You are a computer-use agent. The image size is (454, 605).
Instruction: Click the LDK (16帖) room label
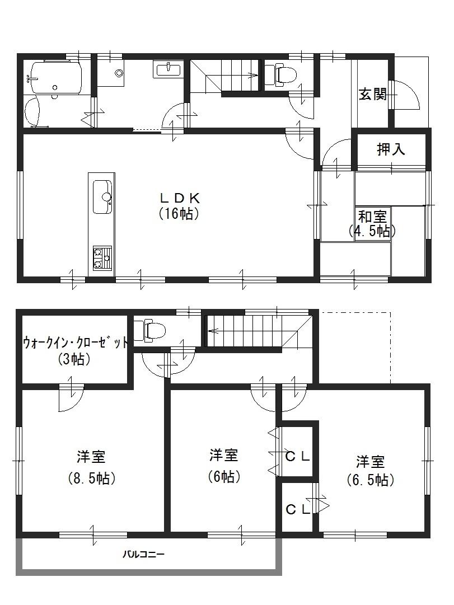click(x=179, y=205)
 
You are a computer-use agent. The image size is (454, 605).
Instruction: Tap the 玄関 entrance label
click(x=372, y=94)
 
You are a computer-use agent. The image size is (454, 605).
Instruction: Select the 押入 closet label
click(x=391, y=149)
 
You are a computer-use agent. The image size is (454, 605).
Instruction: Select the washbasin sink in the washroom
click(x=167, y=69)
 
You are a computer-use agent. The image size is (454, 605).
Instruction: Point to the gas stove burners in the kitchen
click(x=101, y=258)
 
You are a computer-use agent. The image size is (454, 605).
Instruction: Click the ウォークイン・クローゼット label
click(x=75, y=350)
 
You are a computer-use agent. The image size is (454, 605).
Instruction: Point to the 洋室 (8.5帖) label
click(x=91, y=467)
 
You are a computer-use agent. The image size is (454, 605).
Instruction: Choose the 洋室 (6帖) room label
click(x=224, y=465)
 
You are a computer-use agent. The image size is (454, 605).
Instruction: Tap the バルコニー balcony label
click(x=143, y=555)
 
